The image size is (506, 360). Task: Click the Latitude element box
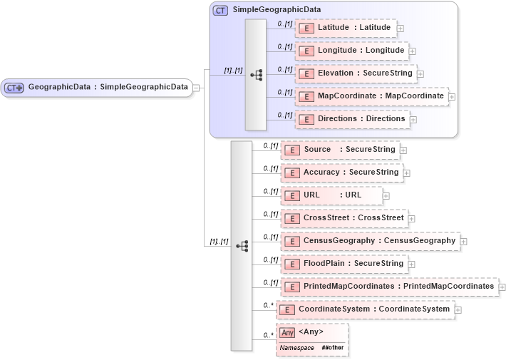point(345,28)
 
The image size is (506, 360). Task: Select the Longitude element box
point(351,51)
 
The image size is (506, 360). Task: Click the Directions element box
point(352,118)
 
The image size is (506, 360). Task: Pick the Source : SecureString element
point(340,150)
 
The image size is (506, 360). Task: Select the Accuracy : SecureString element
point(341,173)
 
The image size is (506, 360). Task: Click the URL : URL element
point(331,195)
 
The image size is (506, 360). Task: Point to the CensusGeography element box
point(370,241)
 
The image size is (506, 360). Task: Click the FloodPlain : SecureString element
point(344,264)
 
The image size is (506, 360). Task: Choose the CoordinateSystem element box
point(364,309)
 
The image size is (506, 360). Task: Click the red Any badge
point(287,332)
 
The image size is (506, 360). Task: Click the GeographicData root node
point(98,88)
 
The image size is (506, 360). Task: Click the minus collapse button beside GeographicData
point(196,88)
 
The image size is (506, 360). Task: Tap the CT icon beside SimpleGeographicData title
point(221,11)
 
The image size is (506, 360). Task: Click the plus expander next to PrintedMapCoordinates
point(502,287)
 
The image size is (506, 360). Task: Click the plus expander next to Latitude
point(400,29)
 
